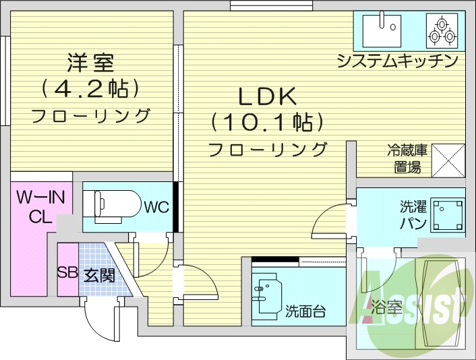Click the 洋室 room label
[90, 63]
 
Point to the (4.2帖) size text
[90, 88]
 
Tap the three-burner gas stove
[442, 28]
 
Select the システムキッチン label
[398, 61]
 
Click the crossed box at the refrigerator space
[448, 160]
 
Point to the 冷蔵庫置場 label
[407, 159]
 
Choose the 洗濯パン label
[412, 214]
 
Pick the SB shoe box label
[67, 273]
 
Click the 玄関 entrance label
[99, 274]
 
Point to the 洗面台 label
[305, 311]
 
